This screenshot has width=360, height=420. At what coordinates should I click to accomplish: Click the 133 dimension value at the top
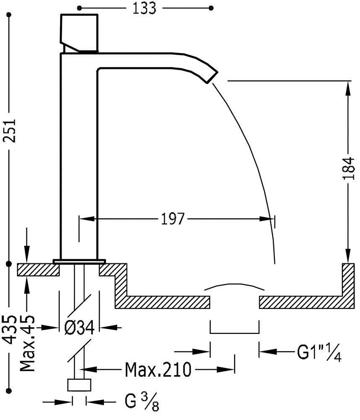coord(144,8)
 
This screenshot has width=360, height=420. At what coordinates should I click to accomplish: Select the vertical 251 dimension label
coord(10,131)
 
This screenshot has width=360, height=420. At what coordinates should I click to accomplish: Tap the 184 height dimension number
coord(349,168)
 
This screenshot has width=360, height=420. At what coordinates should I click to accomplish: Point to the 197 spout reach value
coord(172,219)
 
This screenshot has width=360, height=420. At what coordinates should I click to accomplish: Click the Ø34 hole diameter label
coord(79,328)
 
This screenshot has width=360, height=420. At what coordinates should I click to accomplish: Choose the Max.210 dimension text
coord(158,370)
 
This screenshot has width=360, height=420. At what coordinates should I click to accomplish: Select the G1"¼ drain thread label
coord(319,352)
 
